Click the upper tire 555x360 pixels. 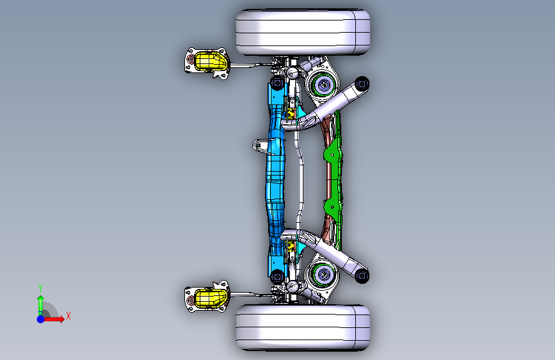click(x=303, y=32)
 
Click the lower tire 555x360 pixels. click(x=303, y=328)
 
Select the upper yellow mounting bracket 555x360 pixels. click(x=209, y=61)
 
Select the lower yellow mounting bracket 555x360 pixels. click(x=209, y=298)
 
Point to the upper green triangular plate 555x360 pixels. click(x=332, y=156)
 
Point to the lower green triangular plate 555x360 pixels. click(x=332, y=206)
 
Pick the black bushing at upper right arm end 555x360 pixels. click(x=362, y=85)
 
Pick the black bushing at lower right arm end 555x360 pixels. click(x=362, y=275)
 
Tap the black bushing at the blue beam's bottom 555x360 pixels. click(x=277, y=276)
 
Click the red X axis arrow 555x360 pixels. click(x=53, y=319)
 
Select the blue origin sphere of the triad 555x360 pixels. click(x=40, y=319)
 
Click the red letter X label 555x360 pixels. click(x=68, y=316)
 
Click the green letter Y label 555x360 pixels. click(x=40, y=288)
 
